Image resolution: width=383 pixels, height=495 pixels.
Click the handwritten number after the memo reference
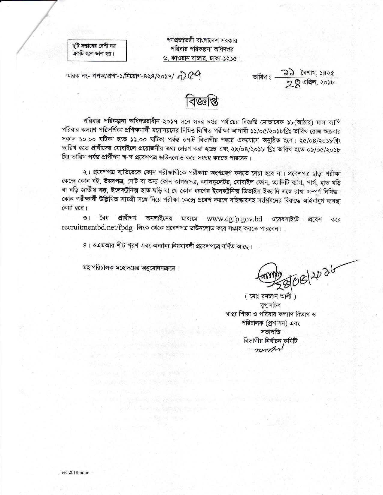coord(192,77)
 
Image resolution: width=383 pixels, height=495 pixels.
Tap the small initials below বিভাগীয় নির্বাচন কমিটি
coord(269,350)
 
